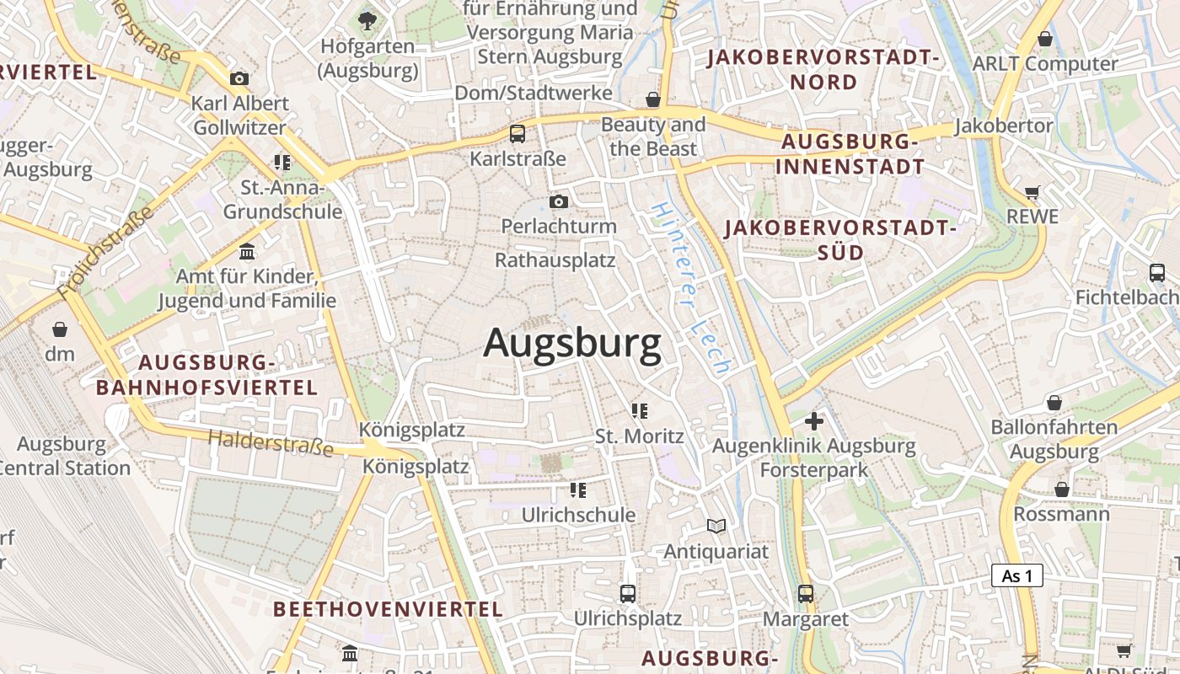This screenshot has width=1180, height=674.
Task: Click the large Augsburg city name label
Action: pyautogui.click(x=572, y=344)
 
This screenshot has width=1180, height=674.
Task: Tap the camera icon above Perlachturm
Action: pyautogui.click(x=558, y=202)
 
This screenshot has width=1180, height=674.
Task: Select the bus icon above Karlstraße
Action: pyautogui.click(x=518, y=133)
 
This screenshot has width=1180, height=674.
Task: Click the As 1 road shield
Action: pyautogui.click(x=1017, y=576)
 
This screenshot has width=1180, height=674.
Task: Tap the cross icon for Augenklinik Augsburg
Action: pyautogui.click(x=814, y=420)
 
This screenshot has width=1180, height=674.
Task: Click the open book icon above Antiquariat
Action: pyautogui.click(x=716, y=527)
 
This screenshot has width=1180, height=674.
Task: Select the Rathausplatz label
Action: pyautogui.click(x=555, y=259)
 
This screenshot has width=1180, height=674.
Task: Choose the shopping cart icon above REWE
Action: pyautogui.click(x=1032, y=192)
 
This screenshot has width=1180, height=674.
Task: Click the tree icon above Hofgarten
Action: pyautogui.click(x=367, y=21)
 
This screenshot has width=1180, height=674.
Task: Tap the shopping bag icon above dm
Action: pyautogui.click(x=60, y=329)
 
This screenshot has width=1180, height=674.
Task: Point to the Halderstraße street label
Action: pyautogui.click(x=271, y=441)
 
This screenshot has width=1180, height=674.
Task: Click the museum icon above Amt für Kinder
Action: pyautogui.click(x=247, y=251)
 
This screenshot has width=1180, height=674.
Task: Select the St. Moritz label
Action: pyautogui.click(x=639, y=436)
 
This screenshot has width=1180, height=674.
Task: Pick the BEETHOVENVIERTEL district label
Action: pyautogui.click(x=388, y=608)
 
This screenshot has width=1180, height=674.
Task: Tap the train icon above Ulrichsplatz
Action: pyautogui.click(x=628, y=593)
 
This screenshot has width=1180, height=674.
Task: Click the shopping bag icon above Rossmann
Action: pyautogui.click(x=1061, y=489)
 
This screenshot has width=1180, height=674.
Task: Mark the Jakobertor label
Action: pyautogui.click(x=1003, y=126)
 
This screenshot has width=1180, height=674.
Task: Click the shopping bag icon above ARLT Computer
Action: pyautogui.click(x=1045, y=39)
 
